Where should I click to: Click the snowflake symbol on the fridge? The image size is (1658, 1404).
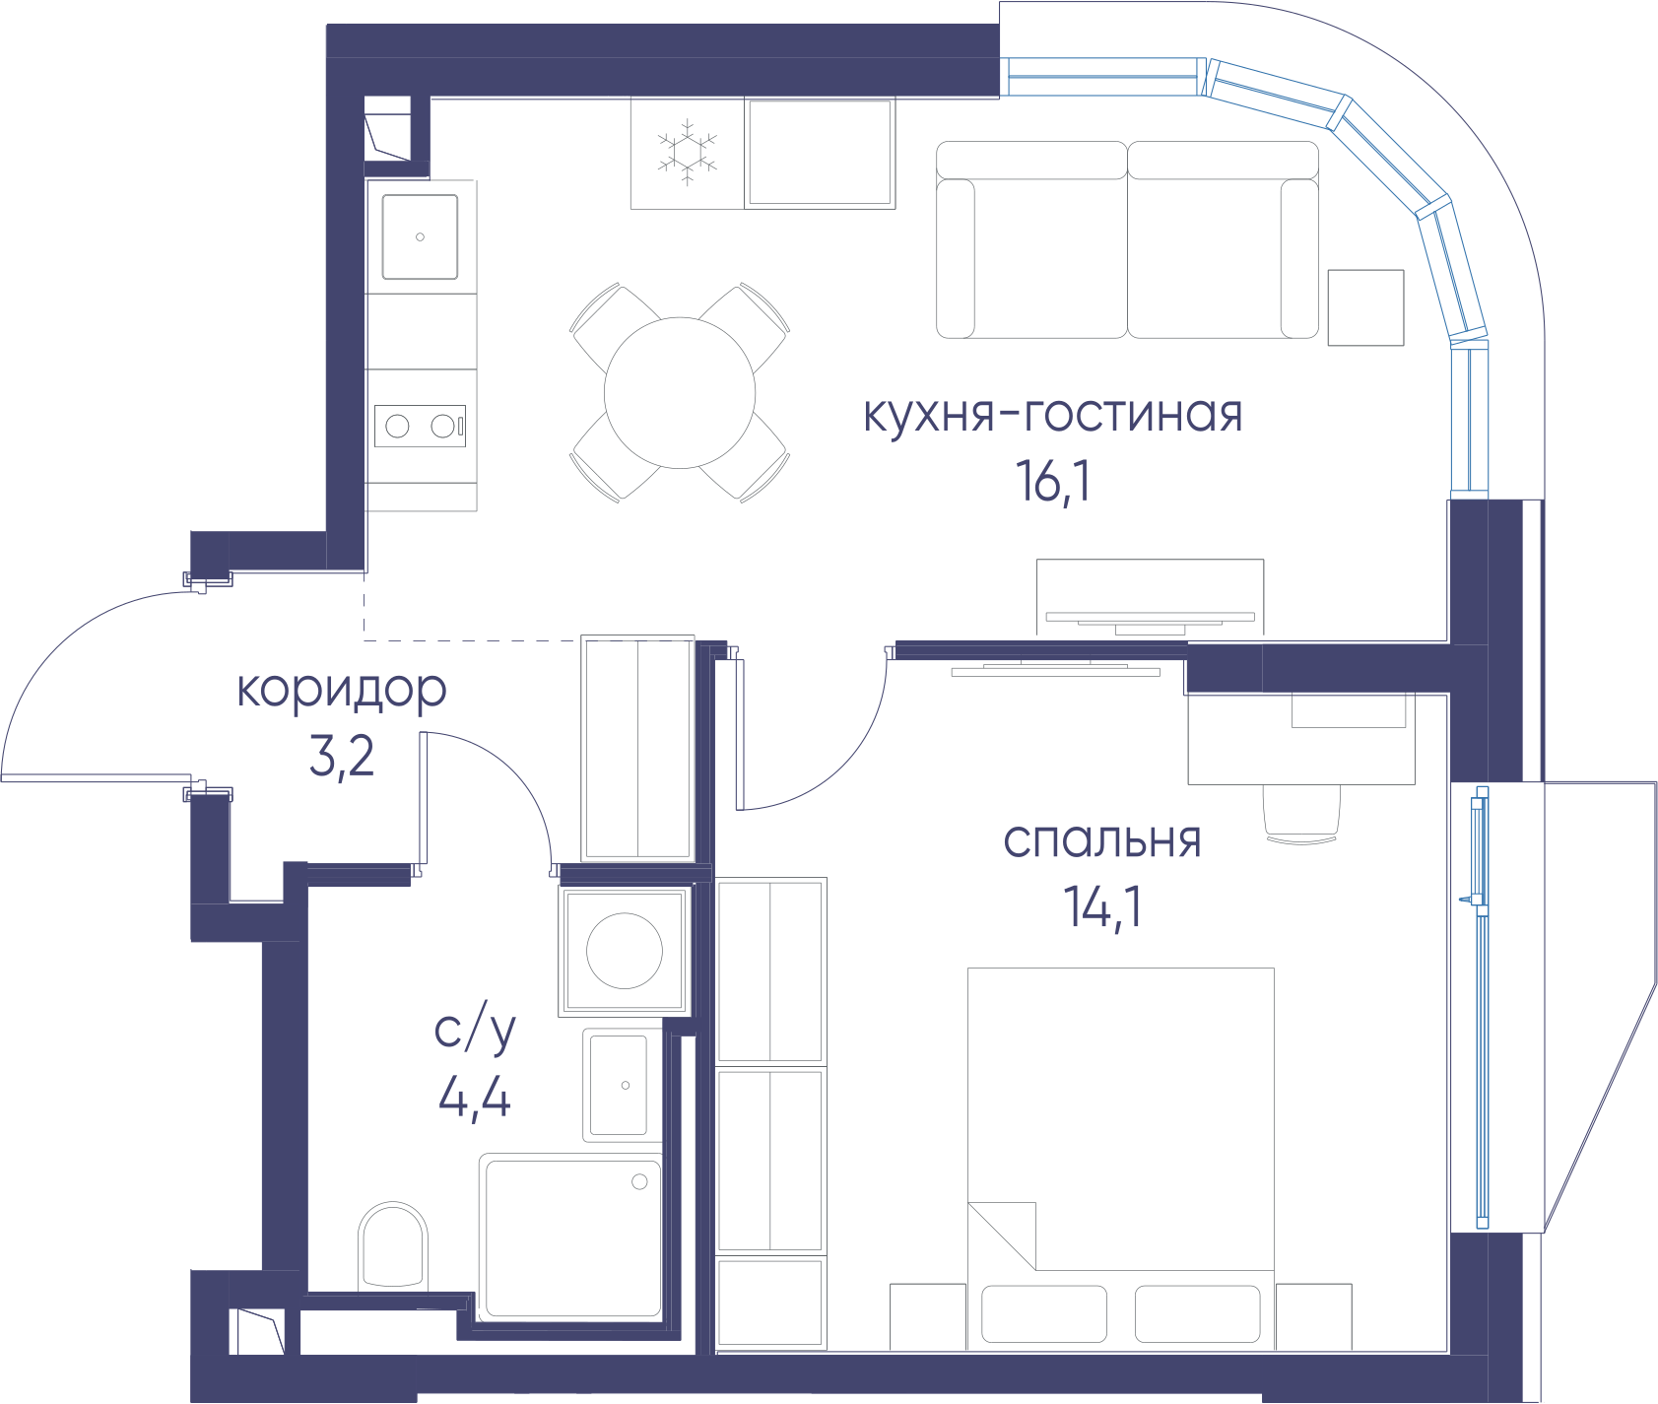[687, 152]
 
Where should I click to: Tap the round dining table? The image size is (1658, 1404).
[680, 393]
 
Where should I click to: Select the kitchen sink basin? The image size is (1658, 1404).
[420, 236]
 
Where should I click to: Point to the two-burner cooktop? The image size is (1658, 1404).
[420, 426]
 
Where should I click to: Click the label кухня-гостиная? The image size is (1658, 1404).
[1053, 415]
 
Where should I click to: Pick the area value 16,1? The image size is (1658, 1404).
[1053, 482]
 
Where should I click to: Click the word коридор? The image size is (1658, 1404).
[342, 691]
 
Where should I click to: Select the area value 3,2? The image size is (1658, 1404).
[342, 757]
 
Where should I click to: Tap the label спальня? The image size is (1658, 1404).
[1102, 841]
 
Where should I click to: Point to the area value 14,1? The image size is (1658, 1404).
[1102, 906]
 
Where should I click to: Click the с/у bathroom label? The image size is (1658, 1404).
[475, 1031]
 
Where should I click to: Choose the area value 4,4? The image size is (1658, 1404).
[475, 1096]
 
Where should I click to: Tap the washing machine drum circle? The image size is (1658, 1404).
[625, 951]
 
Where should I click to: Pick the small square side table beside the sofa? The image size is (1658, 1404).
[1365, 307]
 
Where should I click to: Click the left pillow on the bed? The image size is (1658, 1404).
[1044, 1313]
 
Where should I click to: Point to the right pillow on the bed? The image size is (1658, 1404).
[1197, 1313]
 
